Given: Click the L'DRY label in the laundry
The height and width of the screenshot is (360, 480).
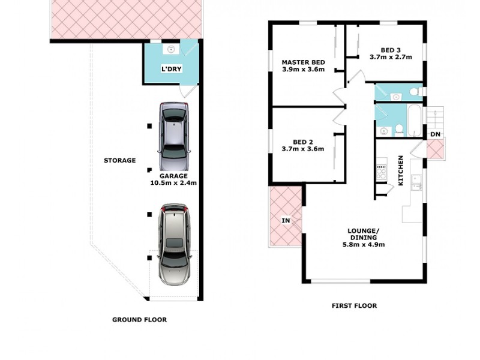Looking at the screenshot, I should click(x=171, y=69).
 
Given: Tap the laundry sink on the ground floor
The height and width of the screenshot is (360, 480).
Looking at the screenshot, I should click(x=171, y=49).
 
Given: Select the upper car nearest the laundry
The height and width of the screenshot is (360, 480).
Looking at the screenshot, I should click(x=175, y=137).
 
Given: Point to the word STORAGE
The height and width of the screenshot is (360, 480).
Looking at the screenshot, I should click(x=119, y=160).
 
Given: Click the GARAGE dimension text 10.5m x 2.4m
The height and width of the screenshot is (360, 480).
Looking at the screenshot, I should click(x=173, y=183).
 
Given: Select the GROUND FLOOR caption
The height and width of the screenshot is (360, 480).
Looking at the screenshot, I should click(x=139, y=320).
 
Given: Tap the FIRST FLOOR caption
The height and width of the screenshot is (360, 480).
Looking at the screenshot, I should click(x=354, y=305).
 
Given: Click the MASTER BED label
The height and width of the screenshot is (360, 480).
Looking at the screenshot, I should click(x=303, y=62).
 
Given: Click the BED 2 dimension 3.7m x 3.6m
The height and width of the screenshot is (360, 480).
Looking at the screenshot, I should click(x=303, y=149).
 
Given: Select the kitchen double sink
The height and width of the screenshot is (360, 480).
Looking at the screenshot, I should click(x=415, y=180).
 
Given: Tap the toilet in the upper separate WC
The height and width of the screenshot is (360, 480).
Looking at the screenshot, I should click(x=413, y=92).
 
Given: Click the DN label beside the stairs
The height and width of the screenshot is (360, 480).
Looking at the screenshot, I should click(x=434, y=133).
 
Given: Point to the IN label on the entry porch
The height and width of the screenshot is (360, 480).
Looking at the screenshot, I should click(x=286, y=221).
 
